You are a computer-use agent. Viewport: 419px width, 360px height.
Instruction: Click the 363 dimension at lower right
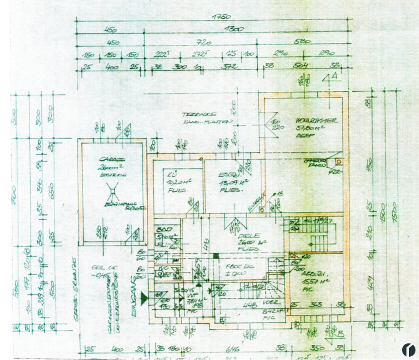coord(316,304)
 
